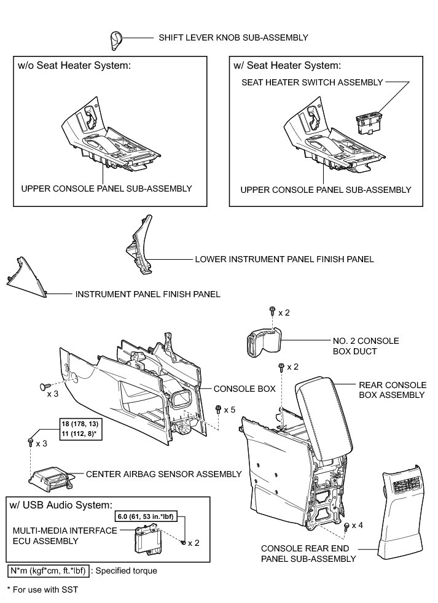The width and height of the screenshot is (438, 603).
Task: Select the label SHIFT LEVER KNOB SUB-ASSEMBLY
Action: pyautogui.click(x=233, y=38)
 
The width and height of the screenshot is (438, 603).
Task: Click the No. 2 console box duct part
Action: pyautogui.click(x=262, y=340)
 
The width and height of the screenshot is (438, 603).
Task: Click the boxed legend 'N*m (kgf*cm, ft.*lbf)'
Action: pyautogui.click(x=49, y=571)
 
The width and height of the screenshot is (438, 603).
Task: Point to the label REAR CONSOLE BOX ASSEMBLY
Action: pyautogui.click(x=391, y=390)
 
